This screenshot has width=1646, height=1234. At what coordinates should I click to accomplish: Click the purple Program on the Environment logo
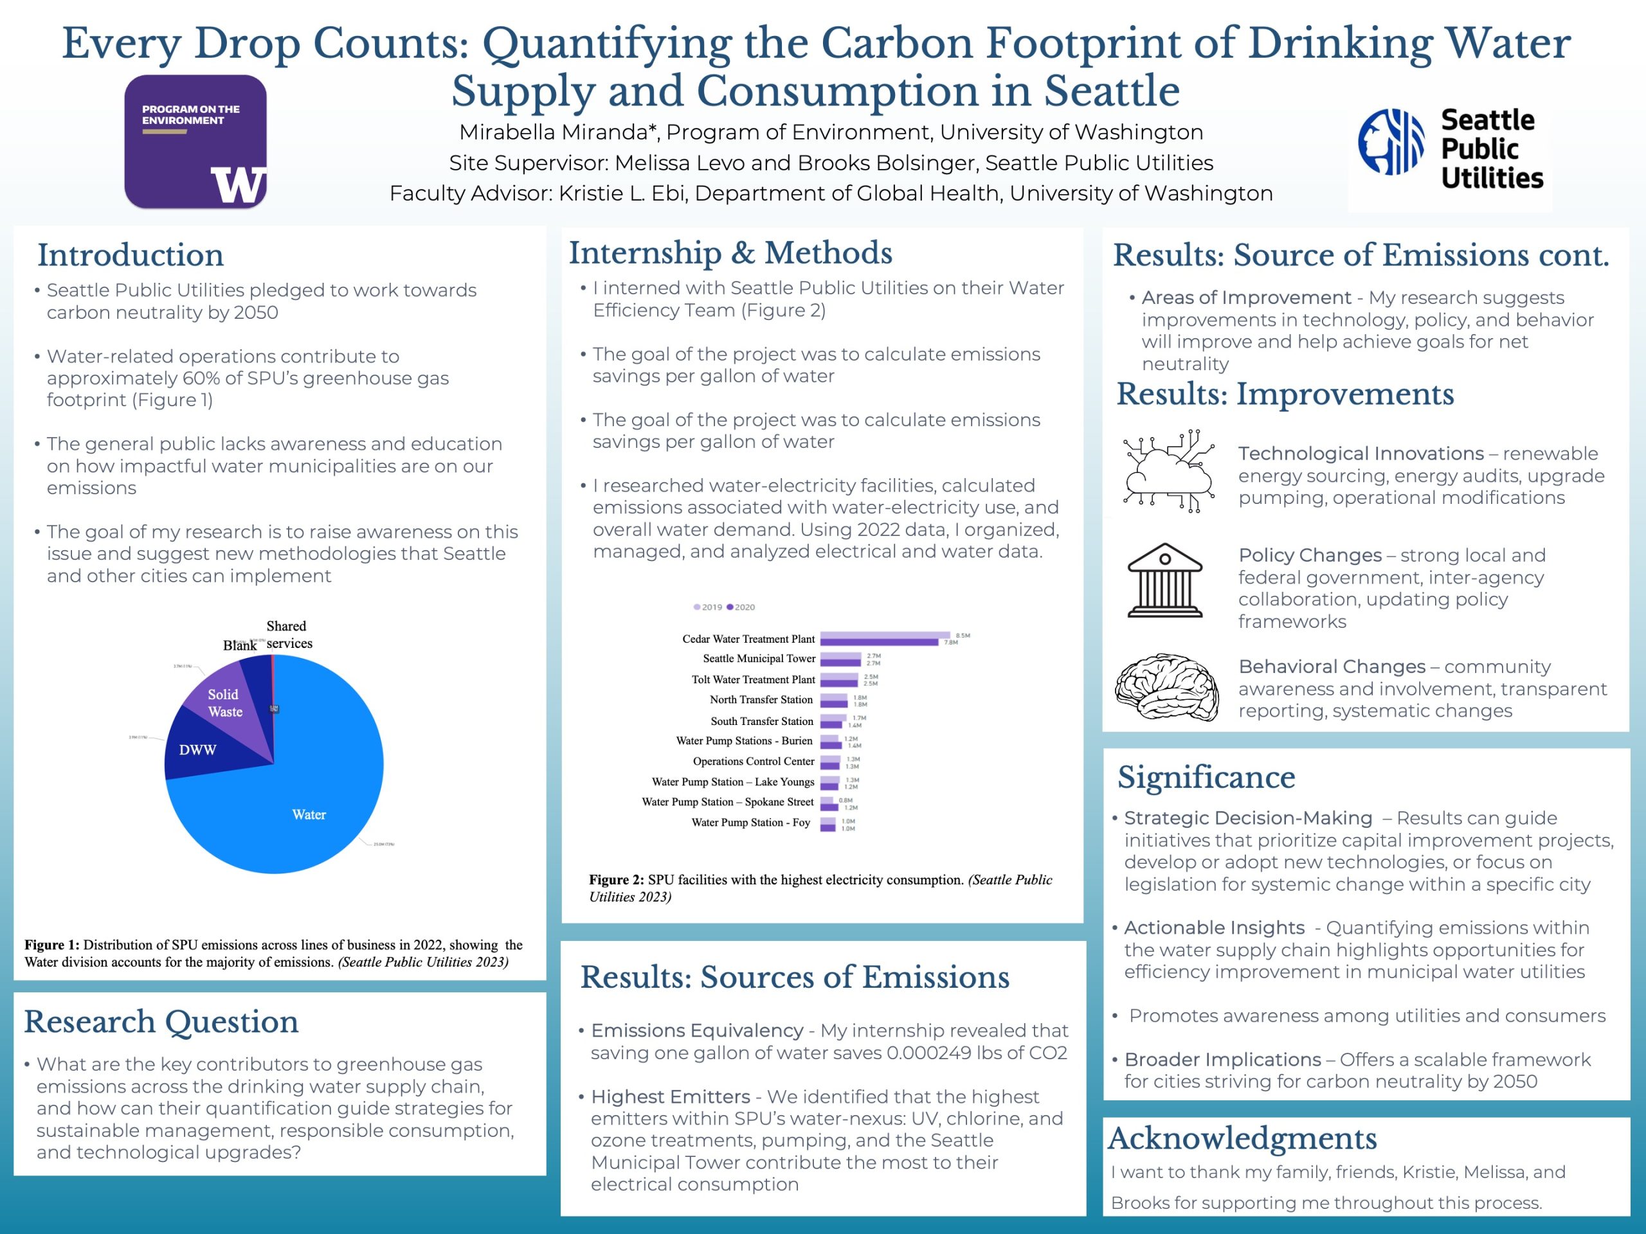[195, 141]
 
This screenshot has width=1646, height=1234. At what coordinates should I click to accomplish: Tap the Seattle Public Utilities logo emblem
[1390, 141]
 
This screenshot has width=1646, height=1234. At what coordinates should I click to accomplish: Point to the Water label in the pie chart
[309, 814]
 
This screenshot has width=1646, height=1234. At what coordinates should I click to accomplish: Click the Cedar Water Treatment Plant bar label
[748, 639]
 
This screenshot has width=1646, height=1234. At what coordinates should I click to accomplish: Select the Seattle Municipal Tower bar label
[758, 658]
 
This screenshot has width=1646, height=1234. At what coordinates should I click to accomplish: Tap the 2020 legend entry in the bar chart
[741, 607]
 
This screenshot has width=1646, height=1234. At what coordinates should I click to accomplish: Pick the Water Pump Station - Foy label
[750, 822]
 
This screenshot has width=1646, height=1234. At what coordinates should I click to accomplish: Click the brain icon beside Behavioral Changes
[1166, 687]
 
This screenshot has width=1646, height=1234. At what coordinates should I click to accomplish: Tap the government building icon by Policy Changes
[1164, 580]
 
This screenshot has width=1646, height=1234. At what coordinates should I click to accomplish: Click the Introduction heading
[131, 255]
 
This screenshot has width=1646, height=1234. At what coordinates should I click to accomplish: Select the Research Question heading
[161, 1021]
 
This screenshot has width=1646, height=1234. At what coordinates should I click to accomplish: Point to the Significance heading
[1206, 777]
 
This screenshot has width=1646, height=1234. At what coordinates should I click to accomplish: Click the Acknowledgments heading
[1242, 1138]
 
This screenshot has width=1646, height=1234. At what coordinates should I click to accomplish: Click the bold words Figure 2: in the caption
[616, 880]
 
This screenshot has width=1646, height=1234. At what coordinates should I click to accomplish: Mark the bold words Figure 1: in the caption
[51, 945]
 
